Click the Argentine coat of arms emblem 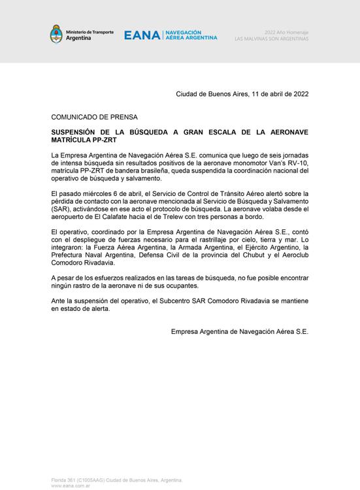coord(56,34)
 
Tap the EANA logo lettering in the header coord(142,35)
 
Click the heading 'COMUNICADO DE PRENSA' coord(95,117)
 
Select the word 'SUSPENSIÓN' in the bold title coord(78,132)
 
